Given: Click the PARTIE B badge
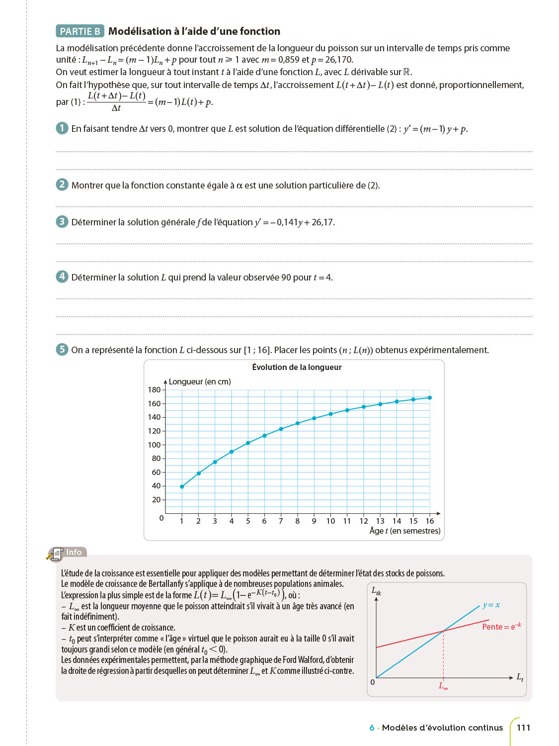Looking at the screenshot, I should (x=80, y=31).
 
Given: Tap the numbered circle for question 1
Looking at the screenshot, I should (x=62, y=128).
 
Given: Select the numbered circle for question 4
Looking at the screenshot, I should (x=62, y=277).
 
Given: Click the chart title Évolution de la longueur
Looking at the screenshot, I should (x=297, y=368).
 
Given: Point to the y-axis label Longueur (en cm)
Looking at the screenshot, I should (x=200, y=381).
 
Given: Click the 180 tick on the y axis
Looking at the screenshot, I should (x=154, y=390).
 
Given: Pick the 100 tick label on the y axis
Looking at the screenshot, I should (x=154, y=445).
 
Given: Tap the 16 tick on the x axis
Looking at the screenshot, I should (x=430, y=521).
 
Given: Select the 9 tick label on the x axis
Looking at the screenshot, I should (x=314, y=521).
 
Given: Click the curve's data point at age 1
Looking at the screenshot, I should (x=182, y=486).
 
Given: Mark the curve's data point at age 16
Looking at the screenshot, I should (x=430, y=398).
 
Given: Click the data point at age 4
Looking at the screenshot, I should (x=232, y=452).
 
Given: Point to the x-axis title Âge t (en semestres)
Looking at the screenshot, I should (x=405, y=531).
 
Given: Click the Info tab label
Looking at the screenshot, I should (x=74, y=552).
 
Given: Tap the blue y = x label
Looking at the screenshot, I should (x=491, y=605).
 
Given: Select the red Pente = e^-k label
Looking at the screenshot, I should (x=501, y=627).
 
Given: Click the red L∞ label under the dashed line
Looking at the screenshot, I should (x=443, y=686).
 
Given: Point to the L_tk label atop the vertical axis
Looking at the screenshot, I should (x=376, y=591).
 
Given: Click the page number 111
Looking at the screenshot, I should (x=523, y=728).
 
